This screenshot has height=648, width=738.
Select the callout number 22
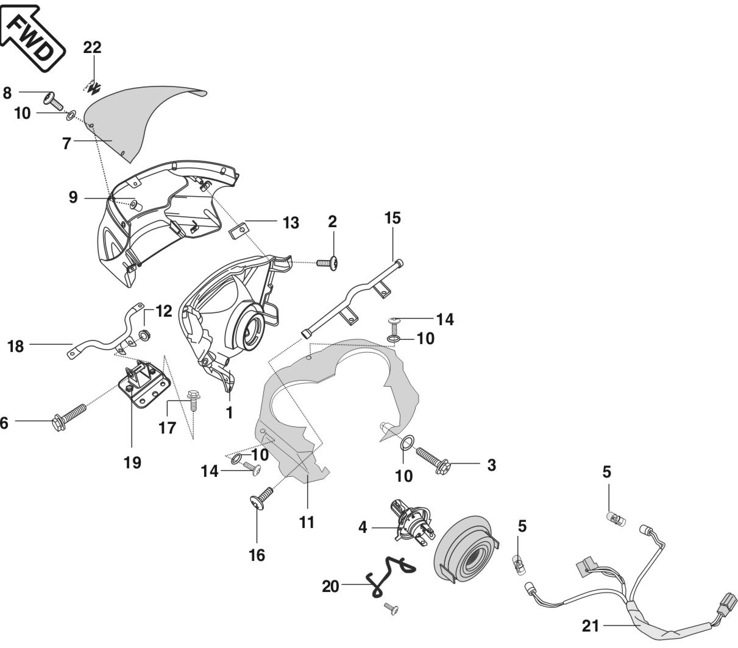(x=93, y=48)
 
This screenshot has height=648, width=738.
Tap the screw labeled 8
(x=52, y=99)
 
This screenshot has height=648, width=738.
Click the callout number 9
(x=73, y=198)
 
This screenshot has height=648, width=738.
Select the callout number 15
(x=392, y=218)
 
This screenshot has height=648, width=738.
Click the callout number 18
(x=15, y=347)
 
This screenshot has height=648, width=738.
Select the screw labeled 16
(x=260, y=497)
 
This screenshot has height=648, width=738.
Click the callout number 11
(x=307, y=522)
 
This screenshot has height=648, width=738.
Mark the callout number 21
(x=590, y=625)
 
